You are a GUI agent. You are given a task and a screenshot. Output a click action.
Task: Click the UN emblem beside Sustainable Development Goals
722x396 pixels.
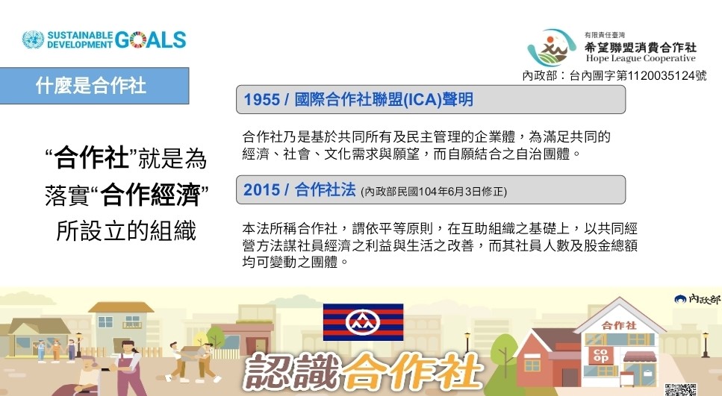pos(33,40)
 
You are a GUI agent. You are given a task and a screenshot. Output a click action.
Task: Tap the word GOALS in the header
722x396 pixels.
pos(151,40)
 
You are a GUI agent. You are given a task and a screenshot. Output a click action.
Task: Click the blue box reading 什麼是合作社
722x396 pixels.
pos(94,86)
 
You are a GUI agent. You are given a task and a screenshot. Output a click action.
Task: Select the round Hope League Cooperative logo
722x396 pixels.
pos(552,48)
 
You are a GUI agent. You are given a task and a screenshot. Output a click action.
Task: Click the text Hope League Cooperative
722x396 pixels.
pos(641,58)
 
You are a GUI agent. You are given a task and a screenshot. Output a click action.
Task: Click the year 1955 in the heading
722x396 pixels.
pos(261,99)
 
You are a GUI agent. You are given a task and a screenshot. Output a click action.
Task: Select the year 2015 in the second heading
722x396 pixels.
pos(261,189)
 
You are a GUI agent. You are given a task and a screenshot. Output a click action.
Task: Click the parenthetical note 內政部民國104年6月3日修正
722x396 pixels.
pos(433,192)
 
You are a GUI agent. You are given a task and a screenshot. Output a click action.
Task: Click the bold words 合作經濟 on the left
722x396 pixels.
pos(150,195)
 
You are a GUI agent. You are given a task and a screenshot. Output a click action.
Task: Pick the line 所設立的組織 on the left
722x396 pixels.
pos(126,230)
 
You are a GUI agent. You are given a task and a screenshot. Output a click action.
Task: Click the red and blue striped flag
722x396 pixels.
pos(363,322)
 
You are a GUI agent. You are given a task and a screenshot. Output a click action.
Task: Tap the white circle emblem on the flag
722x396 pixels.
pos(363,322)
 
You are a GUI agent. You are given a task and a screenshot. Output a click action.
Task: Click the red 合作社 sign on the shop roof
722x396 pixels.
pos(619,325)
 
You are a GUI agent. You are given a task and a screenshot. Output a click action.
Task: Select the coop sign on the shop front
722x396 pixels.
pos(600,354)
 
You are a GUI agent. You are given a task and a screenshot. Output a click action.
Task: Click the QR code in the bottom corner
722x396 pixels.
pos(680,389)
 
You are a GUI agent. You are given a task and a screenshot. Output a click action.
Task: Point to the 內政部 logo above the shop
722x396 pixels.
pos(697,299)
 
